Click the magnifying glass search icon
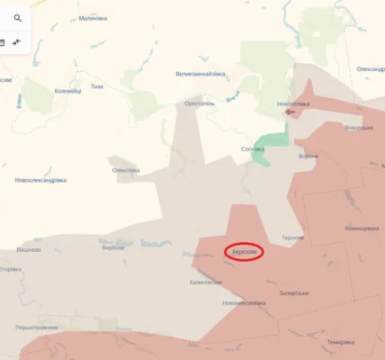[x=18, y=15]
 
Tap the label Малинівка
[x=92, y=18]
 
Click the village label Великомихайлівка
[x=201, y=74]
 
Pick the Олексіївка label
[x=126, y=170]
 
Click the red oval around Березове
[x=243, y=252]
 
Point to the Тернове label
[x=292, y=238]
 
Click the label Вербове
[x=113, y=247]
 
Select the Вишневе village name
[x=28, y=249]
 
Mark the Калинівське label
[x=205, y=282]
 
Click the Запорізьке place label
[x=294, y=292]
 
